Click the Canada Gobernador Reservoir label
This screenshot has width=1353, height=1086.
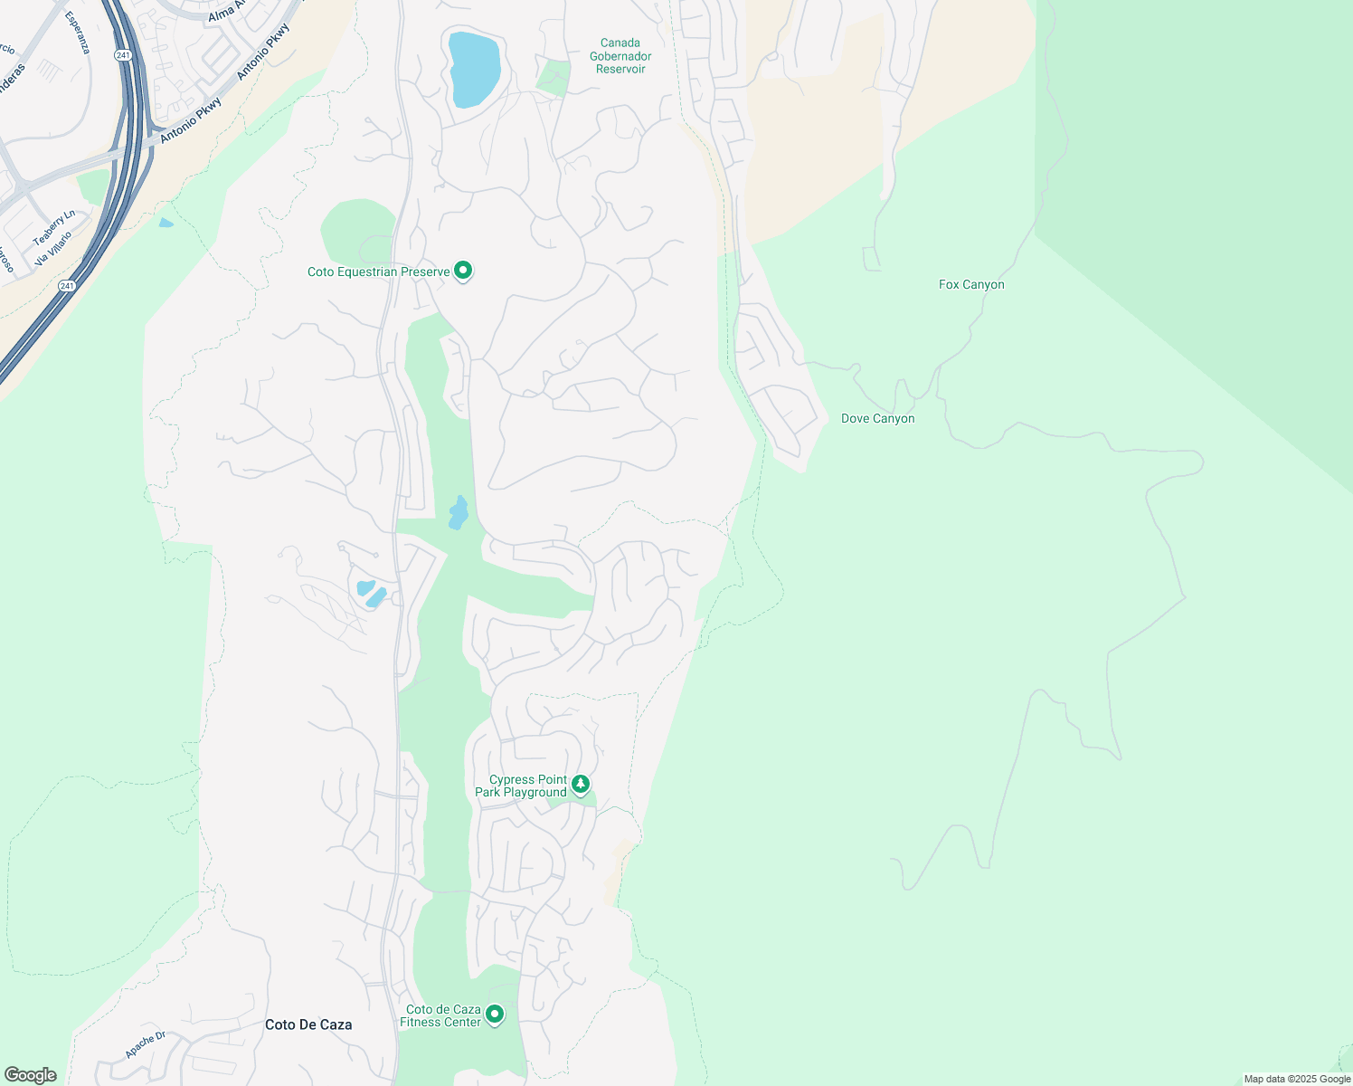(620, 56)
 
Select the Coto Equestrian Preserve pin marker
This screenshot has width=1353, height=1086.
(463, 271)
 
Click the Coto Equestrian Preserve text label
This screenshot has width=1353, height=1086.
(378, 272)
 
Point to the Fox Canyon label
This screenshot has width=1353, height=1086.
(971, 284)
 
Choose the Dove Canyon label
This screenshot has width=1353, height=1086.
(877, 419)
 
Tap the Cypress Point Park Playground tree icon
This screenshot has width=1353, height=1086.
(581, 784)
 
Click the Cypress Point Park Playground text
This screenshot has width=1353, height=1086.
(521, 786)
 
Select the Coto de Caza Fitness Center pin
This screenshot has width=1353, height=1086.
(495, 1015)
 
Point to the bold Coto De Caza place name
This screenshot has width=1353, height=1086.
(308, 1024)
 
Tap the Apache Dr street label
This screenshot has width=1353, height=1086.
(146, 1044)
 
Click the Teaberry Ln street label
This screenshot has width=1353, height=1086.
(54, 228)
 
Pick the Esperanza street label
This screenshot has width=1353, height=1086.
(78, 33)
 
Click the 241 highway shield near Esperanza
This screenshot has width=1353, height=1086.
(123, 55)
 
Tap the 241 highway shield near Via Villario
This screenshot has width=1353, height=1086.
(67, 286)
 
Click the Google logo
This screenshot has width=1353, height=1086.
(31, 1075)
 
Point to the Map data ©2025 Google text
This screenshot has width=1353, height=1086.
(1297, 1079)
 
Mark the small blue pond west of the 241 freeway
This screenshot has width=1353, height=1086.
(166, 223)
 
